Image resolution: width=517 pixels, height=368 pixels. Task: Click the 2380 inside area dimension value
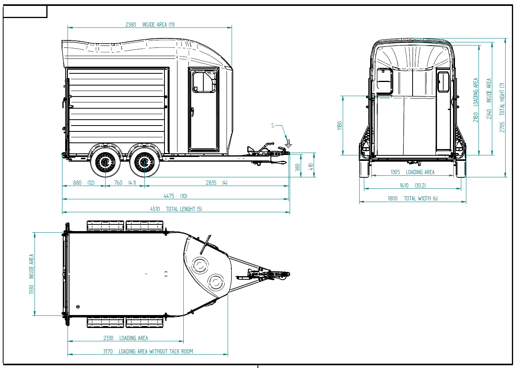[131, 25]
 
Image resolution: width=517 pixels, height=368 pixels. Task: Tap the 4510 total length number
[155, 209]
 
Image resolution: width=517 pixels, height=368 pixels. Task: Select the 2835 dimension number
[211, 183]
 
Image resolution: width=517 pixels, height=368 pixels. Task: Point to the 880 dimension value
[77, 183]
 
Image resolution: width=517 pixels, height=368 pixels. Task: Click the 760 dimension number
[118, 183]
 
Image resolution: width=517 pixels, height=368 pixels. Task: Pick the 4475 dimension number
[169, 196]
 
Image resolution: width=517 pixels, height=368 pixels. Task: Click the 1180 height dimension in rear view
[340, 126]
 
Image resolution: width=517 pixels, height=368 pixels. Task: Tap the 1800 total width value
[393, 199]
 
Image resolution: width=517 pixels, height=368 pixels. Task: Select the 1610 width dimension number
[404, 186]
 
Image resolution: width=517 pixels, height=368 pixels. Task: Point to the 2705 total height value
[502, 127]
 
